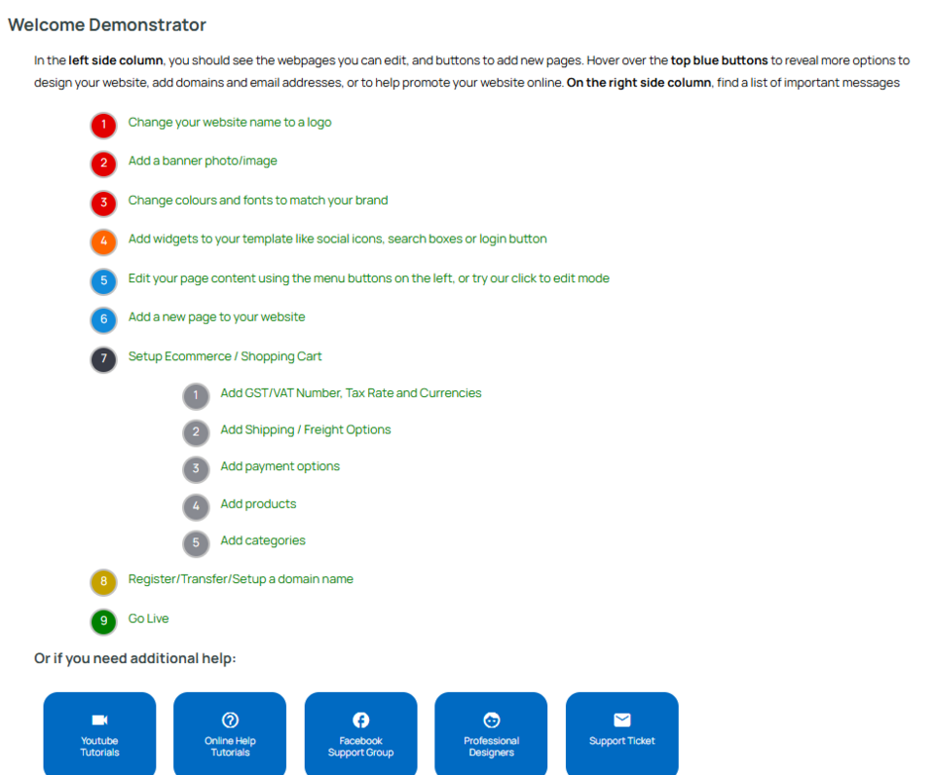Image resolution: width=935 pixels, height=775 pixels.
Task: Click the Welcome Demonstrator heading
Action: click(107, 25)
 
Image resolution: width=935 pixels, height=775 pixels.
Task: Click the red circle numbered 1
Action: click(103, 126)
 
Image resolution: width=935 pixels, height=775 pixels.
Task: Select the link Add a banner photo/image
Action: click(203, 161)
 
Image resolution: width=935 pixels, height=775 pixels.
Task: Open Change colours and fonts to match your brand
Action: click(258, 200)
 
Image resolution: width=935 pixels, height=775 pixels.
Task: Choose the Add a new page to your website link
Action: click(216, 316)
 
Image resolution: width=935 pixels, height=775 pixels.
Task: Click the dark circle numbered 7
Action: click(103, 359)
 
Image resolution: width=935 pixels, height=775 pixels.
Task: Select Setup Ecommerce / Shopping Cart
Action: click(225, 356)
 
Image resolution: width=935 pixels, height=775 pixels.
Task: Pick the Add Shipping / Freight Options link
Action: click(305, 429)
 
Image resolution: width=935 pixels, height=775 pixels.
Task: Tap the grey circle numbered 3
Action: click(196, 469)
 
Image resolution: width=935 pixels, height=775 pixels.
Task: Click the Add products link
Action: click(258, 503)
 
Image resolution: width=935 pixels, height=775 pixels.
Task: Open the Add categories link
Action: click(263, 540)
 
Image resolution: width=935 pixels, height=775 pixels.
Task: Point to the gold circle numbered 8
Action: click(103, 582)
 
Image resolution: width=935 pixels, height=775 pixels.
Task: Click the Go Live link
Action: click(148, 618)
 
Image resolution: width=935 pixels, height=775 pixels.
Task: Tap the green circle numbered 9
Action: click(103, 621)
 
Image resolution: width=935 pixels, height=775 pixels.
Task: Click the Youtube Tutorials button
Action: click(99, 734)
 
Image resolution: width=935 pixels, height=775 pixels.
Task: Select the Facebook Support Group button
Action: click(360, 734)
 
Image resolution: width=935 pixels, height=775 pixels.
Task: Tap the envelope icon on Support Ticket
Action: click(622, 720)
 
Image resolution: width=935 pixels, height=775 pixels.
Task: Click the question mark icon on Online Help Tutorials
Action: click(230, 720)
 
